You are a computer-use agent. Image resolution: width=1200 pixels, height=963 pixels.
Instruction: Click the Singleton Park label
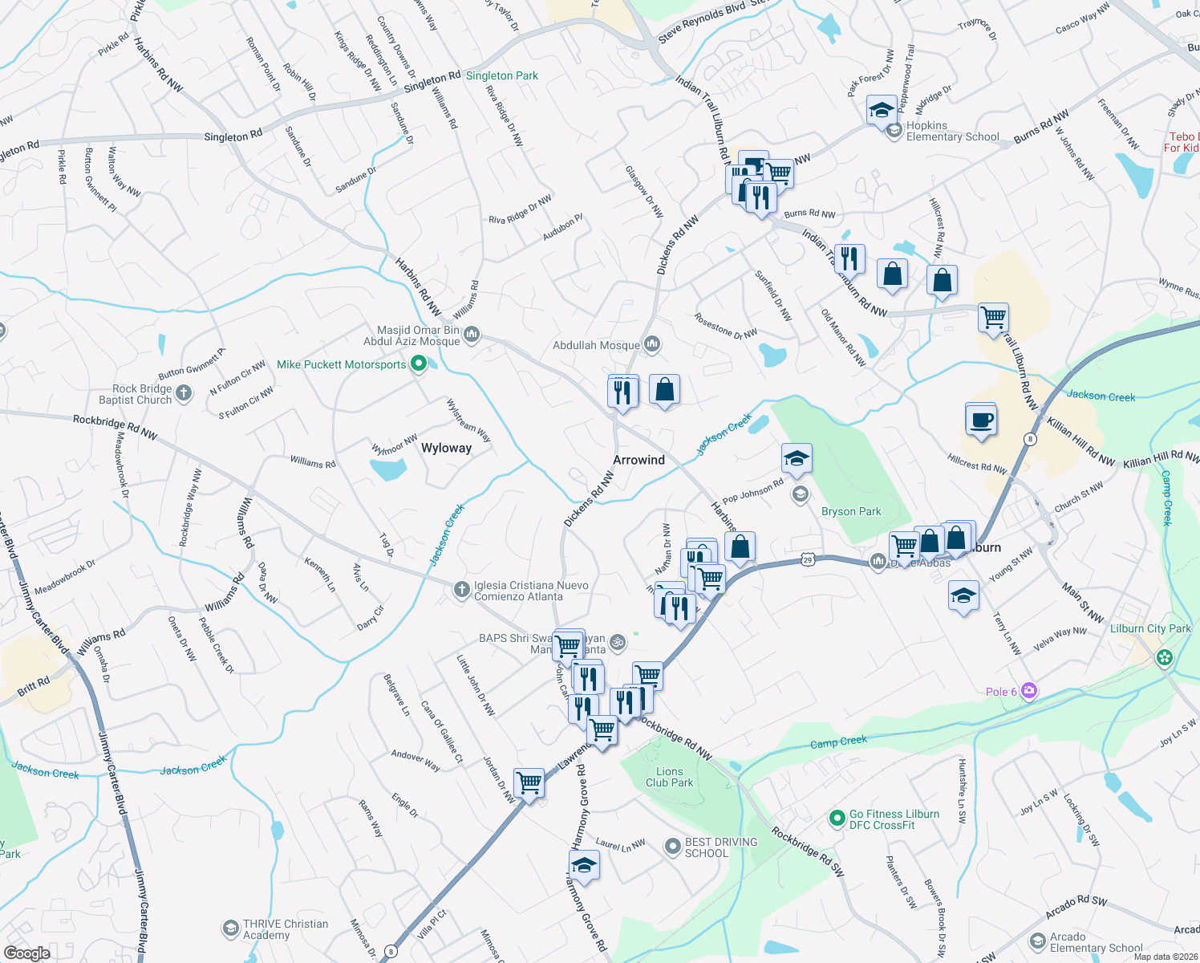pyautogui.click(x=501, y=75)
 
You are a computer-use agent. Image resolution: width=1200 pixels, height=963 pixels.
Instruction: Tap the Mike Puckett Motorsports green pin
pyautogui.click(x=418, y=364)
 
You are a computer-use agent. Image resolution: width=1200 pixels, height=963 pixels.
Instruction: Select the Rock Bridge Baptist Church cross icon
pyautogui.click(x=184, y=393)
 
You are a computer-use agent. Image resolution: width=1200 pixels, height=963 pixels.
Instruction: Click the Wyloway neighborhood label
pyautogui.click(x=446, y=448)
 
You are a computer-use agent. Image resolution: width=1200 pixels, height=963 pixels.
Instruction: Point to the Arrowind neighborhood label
pyautogui.click(x=639, y=460)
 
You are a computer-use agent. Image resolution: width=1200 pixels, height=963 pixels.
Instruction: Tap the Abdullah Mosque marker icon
pyautogui.click(x=652, y=345)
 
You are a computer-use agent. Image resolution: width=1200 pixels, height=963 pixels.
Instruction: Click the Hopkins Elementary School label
pyautogui.click(x=952, y=132)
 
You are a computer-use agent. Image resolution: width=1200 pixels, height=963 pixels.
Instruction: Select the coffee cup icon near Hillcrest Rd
pyautogui.click(x=981, y=420)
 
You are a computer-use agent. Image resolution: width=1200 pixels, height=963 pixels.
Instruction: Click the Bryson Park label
pyautogui.click(x=851, y=511)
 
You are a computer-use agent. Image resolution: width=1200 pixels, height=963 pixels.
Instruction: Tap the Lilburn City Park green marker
pyautogui.click(x=1164, y=658)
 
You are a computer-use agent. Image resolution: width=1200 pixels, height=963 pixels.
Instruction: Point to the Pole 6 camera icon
pyautogui.click(x=1029, y=691)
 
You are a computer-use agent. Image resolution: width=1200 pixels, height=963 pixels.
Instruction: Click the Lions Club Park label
pyautogui.click(x=670, y=777)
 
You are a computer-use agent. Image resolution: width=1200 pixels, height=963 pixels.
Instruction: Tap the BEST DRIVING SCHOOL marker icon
pyautogui.click(x=673, y=847)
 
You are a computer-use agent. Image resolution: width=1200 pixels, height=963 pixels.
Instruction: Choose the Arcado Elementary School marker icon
pyautogui.click(x=1037, y=941)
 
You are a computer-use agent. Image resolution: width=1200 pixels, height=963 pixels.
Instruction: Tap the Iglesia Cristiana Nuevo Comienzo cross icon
pyautogui.click(x=461, y=591)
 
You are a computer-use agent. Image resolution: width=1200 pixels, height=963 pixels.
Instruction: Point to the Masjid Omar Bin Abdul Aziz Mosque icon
pyautogui.click(x=472, y=334)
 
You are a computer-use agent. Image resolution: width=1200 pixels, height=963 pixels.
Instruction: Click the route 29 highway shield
pyautogui.click(x=808, y=559)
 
